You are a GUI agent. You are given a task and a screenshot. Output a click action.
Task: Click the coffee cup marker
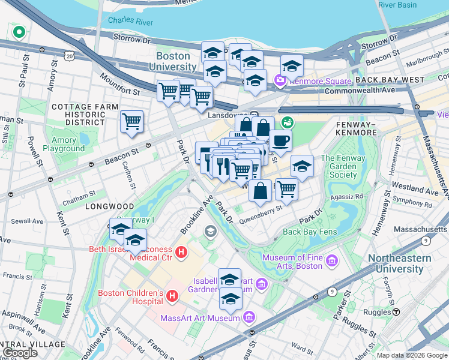(280, 142)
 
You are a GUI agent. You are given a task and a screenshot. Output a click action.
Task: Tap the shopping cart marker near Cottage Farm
(131, 122)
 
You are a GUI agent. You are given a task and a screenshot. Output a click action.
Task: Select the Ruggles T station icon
(396, 312)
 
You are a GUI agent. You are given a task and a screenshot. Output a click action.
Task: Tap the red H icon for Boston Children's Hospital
(172, 295)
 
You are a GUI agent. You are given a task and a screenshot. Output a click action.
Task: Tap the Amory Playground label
(64, 144)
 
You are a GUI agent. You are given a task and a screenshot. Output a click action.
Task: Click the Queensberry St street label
(261, 210)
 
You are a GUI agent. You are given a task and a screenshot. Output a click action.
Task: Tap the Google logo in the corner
(20, 353)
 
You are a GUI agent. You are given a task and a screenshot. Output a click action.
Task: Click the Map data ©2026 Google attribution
(412, 355)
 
